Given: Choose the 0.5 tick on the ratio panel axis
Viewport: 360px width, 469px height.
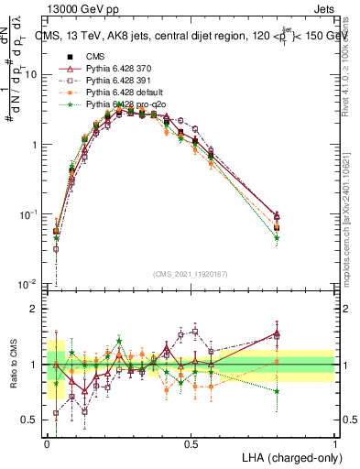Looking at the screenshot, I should (x=31, y=420).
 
